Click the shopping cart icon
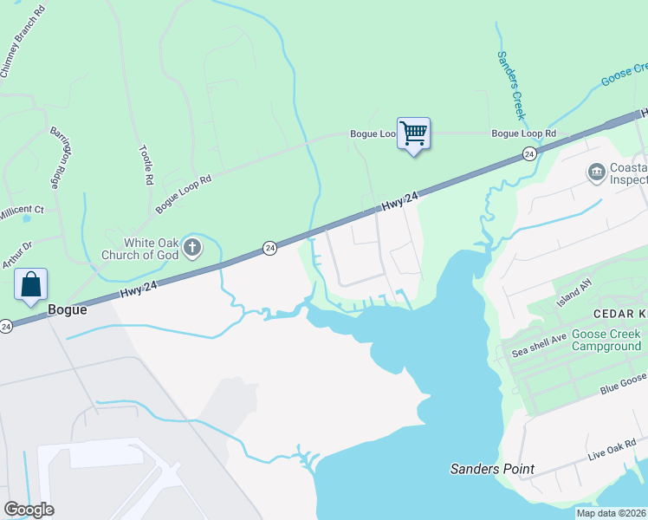[x=413, y=133]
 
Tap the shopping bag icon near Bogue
[x=30, y=284]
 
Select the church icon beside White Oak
[x=192, y=249]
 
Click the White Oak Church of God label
[x=151, y=249]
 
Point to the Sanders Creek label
[x=510, y=85]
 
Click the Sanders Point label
[x=491, y=469]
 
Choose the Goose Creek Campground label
[x=606, y=340]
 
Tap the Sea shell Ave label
[x=539, y=345]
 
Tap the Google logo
[x=29, y=510]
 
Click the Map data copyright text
[x=610, y=513]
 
